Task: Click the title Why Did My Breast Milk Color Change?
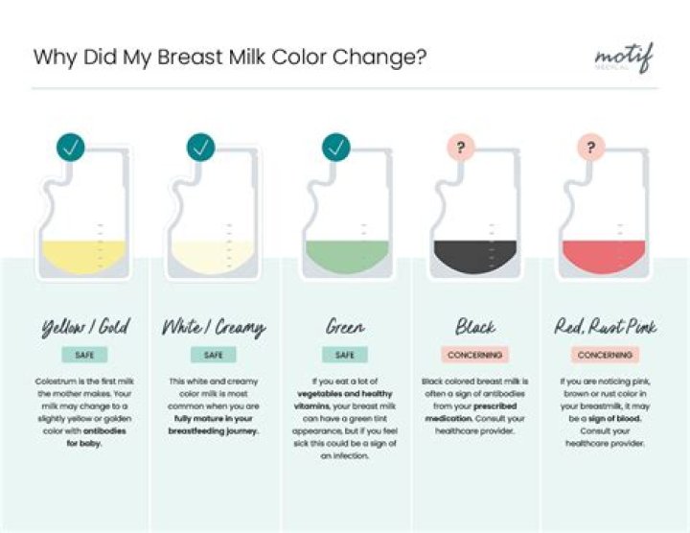(x=230, y=57)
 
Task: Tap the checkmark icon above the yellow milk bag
(x=71, y=147)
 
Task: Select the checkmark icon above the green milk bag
(x=335, y=147)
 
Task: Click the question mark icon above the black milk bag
(x=461, y=148)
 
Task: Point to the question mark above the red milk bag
(x=590, y=148)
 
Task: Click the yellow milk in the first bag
(x=84, y=256)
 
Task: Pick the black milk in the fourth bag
(x=475, y=257)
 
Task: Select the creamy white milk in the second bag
(x=215, y=256)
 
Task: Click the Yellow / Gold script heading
(x=84, y=328)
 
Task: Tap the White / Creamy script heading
(x=215, y=328)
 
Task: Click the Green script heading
(x=345, y=328)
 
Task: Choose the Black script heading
(x=475, y=328)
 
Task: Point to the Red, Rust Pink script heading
(x=605, y=328)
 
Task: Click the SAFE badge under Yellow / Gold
(x=84, y=355)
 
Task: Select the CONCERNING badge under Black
(x=475, y=355)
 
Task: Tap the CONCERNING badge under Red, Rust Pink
(x=605, y=355)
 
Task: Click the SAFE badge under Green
(x=345, y=355)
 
